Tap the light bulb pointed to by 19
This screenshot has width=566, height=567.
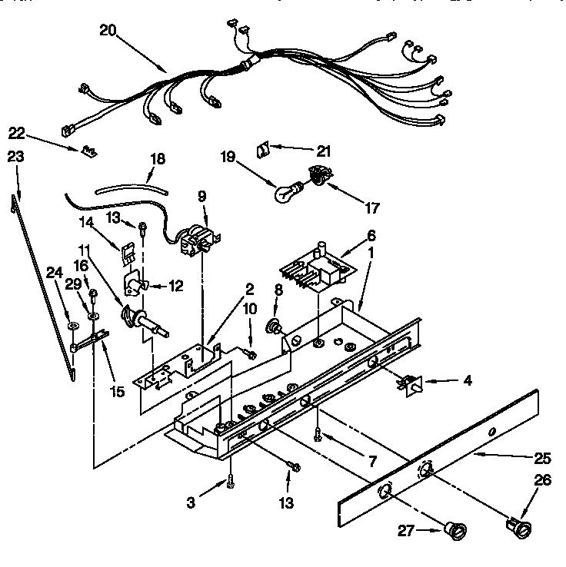point(285,193)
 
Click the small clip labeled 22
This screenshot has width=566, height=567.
point(89,150)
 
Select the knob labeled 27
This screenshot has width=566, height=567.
point(454,530)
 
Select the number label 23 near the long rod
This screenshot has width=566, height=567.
point(15,157)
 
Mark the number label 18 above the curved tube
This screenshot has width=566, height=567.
point(157,160)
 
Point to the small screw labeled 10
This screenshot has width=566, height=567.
point(250,353)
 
